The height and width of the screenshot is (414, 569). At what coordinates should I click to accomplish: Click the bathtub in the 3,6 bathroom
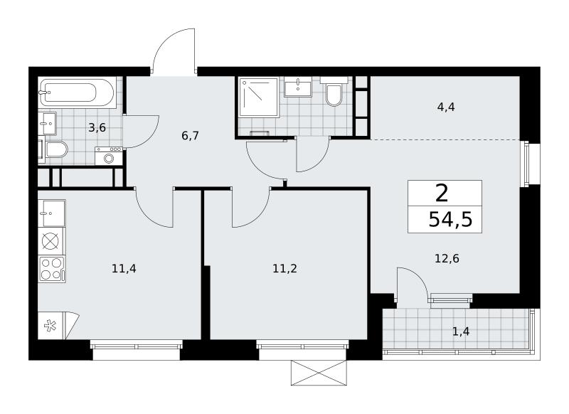(x=77, y=92)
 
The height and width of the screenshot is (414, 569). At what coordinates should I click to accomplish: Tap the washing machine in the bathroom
(x=109, y=156)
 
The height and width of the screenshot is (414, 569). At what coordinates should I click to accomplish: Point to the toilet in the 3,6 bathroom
(x=56, y=150)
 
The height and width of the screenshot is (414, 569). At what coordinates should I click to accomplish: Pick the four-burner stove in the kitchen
(x=51, y=269)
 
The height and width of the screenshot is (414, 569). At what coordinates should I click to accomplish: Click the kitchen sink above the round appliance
(x=51, y=213)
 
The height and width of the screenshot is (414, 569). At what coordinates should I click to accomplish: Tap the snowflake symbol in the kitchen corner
(x=50, y=326)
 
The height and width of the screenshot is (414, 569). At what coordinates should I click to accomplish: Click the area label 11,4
(x=124, y=269)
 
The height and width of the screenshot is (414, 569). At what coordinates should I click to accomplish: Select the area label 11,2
(x=285, y=269)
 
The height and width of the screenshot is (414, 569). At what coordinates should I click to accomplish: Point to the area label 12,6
(x=447, y=259)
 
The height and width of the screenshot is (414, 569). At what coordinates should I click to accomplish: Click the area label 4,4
(x=446, y=107)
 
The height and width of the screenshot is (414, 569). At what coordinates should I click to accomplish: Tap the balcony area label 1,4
(x=461, y=331)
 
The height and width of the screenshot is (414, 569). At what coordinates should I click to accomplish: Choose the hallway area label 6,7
(x=190, y=136)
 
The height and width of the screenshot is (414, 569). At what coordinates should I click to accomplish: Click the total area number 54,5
(x=450, y=220)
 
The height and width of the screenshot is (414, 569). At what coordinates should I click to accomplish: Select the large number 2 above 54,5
(x=442, y=193)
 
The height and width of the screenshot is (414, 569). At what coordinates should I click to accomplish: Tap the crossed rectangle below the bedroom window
(x=319, y=373)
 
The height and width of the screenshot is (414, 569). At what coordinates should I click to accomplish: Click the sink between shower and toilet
(x=297, y=87)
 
